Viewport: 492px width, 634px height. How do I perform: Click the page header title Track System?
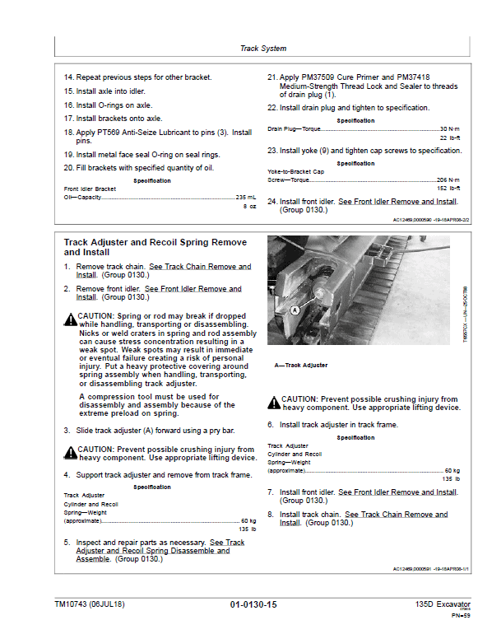262,49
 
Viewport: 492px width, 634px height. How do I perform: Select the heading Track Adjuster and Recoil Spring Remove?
155,244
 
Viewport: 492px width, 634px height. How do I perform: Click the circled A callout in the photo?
293,310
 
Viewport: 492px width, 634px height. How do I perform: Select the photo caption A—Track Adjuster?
300,365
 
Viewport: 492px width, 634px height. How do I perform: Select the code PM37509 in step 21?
325,77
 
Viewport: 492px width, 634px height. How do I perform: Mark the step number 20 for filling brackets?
68,168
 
